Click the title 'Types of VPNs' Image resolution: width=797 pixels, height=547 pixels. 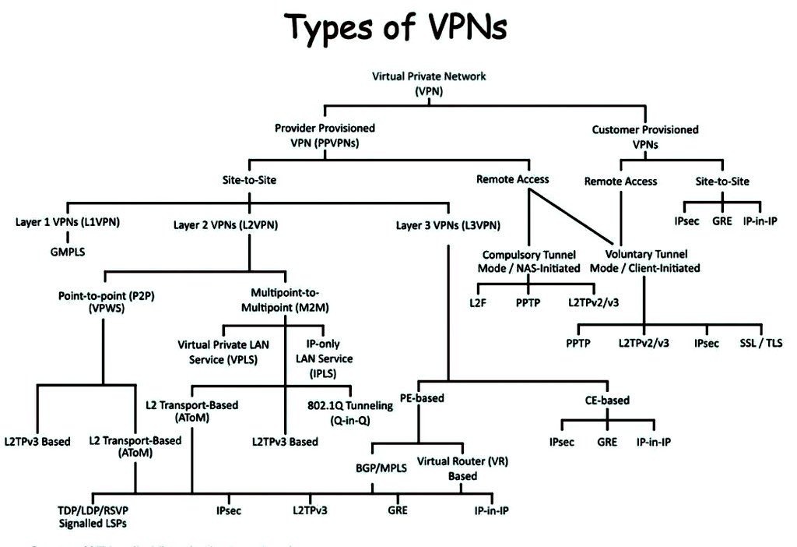tap(397, 29)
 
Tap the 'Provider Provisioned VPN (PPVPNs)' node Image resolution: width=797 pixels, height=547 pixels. tap(325, 134)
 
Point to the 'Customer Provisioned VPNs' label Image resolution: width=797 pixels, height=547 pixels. tap(645, 136)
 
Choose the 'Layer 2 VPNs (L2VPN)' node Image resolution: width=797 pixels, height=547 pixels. tap(226, 225)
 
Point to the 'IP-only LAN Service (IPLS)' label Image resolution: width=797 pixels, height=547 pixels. tap(324, 352)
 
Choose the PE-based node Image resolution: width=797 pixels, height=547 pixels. tap(422, 398)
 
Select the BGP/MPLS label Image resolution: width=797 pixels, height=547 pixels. tap(371, 470)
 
